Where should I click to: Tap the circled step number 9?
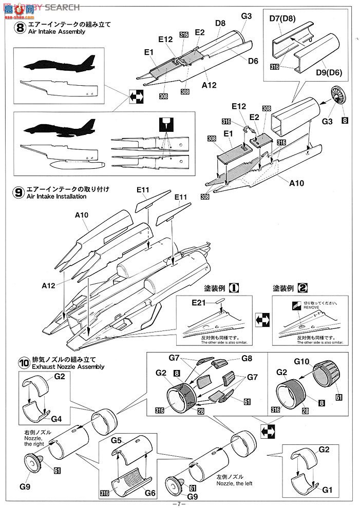[20, 193]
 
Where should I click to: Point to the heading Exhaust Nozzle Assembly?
[68, 367]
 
